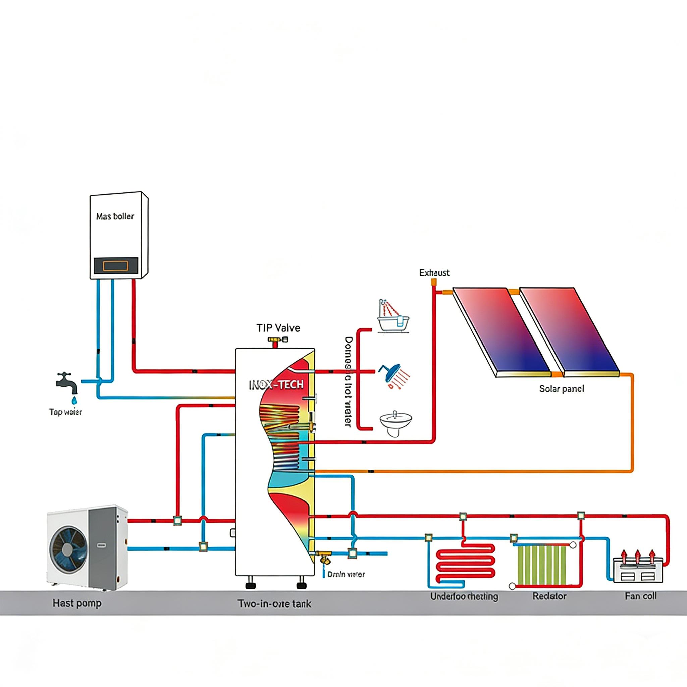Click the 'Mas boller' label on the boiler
point(115,216)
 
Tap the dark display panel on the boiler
point(116,265)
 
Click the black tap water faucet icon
point(66,383)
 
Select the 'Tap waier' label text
point(65,412)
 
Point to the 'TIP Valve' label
point(278,327)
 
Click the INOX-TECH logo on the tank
point(276,385)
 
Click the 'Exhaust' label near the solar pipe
point(434,273)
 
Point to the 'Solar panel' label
point(562,389)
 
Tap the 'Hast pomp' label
point(77,603)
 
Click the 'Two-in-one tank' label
point(274,603)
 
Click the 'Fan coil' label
point(640,596)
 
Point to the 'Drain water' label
point(346,574)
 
